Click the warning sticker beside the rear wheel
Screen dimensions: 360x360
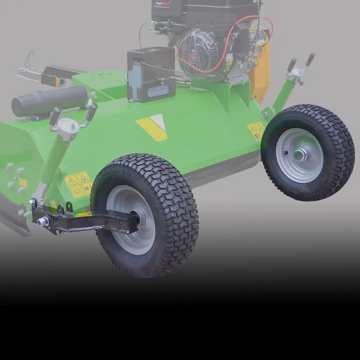coord(256,130)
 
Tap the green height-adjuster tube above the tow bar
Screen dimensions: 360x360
coord(48,165)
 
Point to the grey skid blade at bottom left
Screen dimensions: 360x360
coord(13,216)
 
